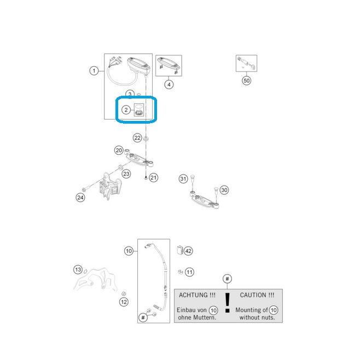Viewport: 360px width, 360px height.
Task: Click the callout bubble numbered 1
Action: (94, 71)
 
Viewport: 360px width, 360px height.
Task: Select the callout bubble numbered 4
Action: (169, 84)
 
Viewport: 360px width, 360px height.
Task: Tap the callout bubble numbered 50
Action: (246, 80)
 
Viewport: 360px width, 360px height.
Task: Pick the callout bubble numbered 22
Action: (137, 138)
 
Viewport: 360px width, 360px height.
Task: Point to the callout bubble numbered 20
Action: (119, 150)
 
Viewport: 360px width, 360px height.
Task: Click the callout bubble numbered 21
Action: (153, 177)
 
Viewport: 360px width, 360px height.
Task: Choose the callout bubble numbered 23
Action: (126, 174)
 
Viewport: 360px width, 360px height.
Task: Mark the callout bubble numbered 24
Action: (80, 198)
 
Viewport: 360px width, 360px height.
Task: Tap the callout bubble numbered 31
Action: (183, 178)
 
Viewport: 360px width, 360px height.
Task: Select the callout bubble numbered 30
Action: (224, 190)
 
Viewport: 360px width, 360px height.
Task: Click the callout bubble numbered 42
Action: (188, 251)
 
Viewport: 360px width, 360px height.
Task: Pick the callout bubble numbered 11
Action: (189, 272)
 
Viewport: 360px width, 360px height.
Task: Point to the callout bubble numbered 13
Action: (78, 270)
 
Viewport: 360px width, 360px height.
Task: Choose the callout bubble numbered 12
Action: (124, 302)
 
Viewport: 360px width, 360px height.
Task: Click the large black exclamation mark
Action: (227, 303)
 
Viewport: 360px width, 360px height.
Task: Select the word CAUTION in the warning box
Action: (253, 295)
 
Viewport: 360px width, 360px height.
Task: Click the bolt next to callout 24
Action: (86, 188)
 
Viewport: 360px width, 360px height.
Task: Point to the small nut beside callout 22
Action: (146, 138)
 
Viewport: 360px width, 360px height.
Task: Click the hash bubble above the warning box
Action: (227, 278)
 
